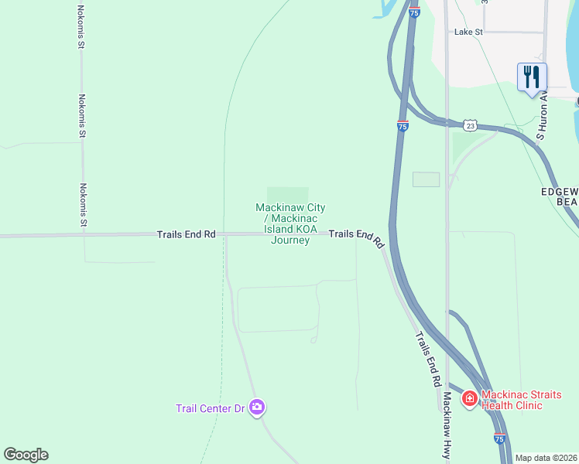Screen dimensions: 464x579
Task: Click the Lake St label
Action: click(x=468, y=32)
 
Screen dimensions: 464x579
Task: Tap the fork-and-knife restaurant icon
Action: click(x=532, y=77)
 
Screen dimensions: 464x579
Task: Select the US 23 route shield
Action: click(x=471, y=125)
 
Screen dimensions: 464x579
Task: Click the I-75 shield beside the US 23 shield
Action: click(x=403, y=126)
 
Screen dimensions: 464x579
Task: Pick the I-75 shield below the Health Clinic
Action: click(x=499, y=438)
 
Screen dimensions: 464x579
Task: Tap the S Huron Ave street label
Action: click(x=543, y=117)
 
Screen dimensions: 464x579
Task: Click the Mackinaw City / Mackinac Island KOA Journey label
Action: click(x=290, y=223)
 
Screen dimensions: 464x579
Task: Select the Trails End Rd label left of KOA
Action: click(x=186, y=234)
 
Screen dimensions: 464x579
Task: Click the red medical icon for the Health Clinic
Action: click(x=469, y=399)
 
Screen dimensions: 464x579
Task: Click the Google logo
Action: click(x=26, y=454)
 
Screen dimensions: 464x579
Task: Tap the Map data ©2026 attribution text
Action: click(x=546, y=458)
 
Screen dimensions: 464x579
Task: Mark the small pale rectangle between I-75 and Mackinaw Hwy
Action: click(x=426, y=179)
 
